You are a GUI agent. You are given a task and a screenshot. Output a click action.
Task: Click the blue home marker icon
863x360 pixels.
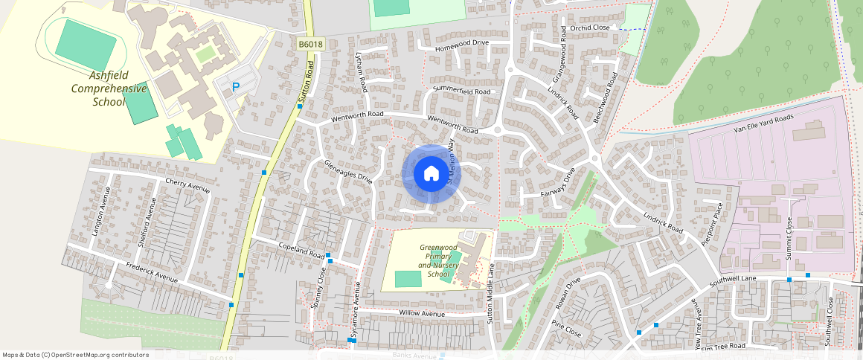pyautogui.click(x=431, y=174)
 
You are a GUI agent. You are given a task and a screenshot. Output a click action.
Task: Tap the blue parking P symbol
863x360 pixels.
pyautogui.click(x=236, y=87)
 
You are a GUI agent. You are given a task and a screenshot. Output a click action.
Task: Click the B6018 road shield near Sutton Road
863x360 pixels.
pyautogui.click(x=310, y=45)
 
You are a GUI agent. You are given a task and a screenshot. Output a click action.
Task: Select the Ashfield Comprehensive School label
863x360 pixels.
pyautogui.click(x=109, y=89)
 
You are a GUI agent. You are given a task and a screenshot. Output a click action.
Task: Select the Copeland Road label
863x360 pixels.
pyautogui.click(x=302, y=251)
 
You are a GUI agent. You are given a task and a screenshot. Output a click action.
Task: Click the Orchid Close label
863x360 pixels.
pyautogui.click(x=591, y=28)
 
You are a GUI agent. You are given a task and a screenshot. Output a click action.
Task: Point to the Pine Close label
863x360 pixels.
pyautogui.click(x=566, y=328)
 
